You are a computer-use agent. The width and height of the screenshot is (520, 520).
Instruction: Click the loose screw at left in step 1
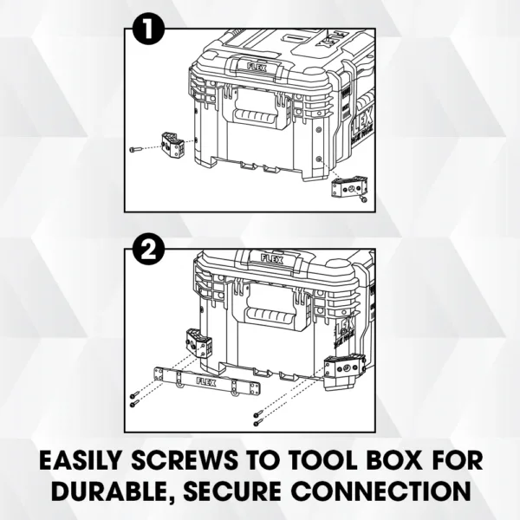coord(134,149)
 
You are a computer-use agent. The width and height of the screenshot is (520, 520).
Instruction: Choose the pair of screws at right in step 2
coord(258,419)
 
